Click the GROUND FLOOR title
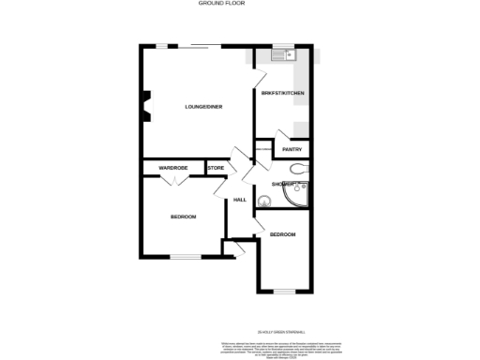pyautogui.click(x=216, y=4)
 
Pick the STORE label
pyautogui.click(x=215, y=168)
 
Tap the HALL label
pyautogui.click(x=240, y=200)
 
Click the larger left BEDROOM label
pyautogui.click(x=183, y=217)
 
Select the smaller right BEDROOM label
pyautogui.click(x=282, y=234)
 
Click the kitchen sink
pyautogui.click(x=280, y=54)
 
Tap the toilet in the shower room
pyautogui.click(x=296, y=170)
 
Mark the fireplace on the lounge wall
pyautogui.click(x=145, y=105)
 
